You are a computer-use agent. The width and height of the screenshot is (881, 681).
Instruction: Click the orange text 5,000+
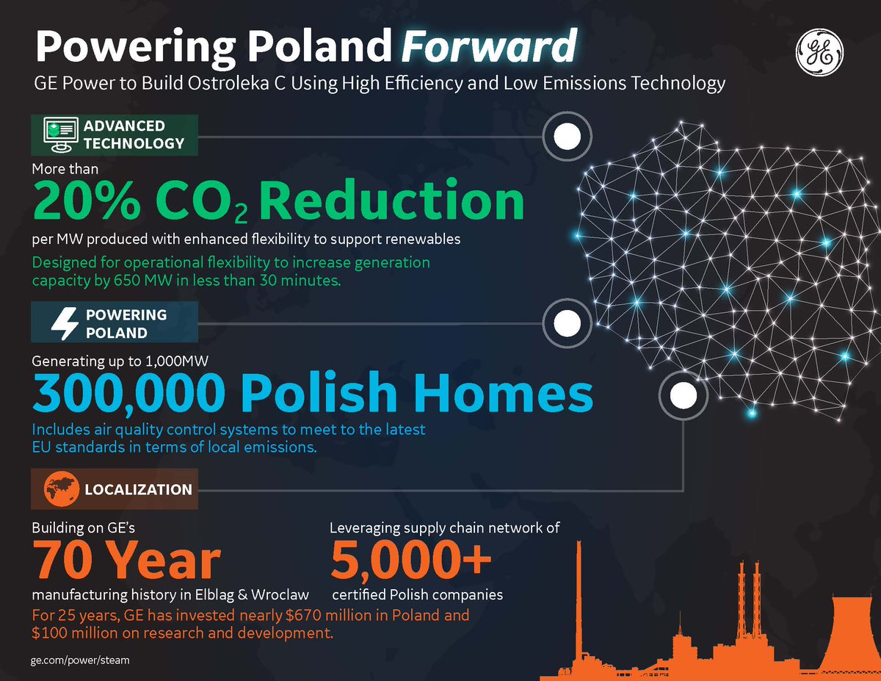410,560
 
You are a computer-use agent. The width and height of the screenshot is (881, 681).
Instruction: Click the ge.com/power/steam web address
80,660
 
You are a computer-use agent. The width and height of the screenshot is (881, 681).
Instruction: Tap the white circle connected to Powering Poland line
566,323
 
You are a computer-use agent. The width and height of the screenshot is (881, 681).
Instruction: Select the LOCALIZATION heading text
138,489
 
